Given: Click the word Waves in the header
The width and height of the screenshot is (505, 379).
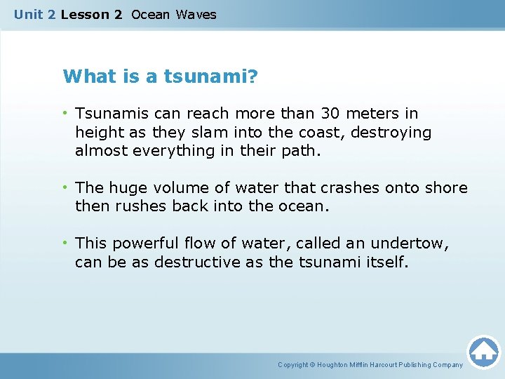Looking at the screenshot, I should [x=196, y=14].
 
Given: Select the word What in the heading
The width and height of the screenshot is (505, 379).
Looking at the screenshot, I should [x=83, y=77].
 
